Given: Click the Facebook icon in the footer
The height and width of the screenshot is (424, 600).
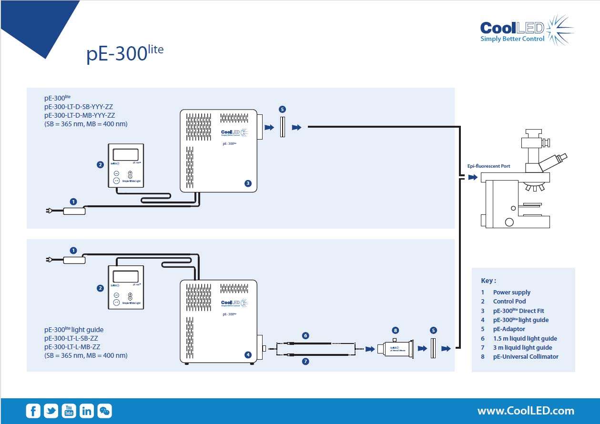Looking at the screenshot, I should pos(33,411).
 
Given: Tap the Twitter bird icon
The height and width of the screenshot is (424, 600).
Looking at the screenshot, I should pos(51,411).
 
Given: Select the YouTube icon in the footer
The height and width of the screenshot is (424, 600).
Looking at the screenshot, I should pos(69,411).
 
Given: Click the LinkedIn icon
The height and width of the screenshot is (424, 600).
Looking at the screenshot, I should pos(87,411).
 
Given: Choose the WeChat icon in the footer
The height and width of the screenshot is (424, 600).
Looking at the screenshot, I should pos(105,411).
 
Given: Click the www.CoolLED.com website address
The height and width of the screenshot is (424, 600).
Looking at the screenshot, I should pos(526,411).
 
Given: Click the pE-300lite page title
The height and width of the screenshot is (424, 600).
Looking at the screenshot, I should pos(125,53).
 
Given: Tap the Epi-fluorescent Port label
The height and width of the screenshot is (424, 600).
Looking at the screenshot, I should pos(488,166).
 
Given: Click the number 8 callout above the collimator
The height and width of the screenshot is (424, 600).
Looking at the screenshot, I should pos(395,330).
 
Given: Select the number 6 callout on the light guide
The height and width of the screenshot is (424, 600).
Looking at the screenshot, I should pos(305,336).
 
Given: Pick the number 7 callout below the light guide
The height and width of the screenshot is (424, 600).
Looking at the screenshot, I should pos(305,362).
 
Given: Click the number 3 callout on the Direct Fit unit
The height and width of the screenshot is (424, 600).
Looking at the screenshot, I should pos(248,183).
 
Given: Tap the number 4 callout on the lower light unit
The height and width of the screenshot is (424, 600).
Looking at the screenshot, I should pos(248,354).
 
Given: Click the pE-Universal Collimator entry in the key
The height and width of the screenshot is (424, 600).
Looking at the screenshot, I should pos(525,356).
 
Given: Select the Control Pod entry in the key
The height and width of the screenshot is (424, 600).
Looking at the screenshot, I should pos(509,301).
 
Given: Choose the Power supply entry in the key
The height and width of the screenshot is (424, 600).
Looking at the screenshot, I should pos(511,292).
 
